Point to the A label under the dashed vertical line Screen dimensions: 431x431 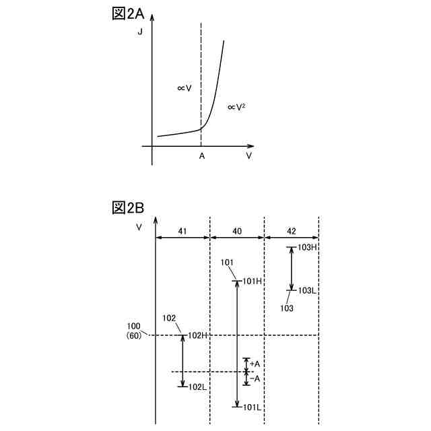[201, 156]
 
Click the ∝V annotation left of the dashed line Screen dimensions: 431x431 [185, 88]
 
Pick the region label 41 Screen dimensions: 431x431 [182, 230]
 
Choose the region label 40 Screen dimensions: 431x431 [237, 230]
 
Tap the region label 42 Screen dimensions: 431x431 [290, 230]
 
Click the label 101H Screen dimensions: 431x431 [253, 281]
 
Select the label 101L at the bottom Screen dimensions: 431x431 [253, 407]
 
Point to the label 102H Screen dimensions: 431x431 [197, 335]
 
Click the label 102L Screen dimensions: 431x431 [197, 387]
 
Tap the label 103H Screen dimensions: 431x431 [307, 247]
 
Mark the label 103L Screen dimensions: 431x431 [307, 290]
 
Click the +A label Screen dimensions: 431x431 [255, 364]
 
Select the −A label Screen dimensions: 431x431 [255, 378]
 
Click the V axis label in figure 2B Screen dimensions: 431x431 [139, 227]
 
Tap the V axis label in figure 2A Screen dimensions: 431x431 [248, 156]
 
